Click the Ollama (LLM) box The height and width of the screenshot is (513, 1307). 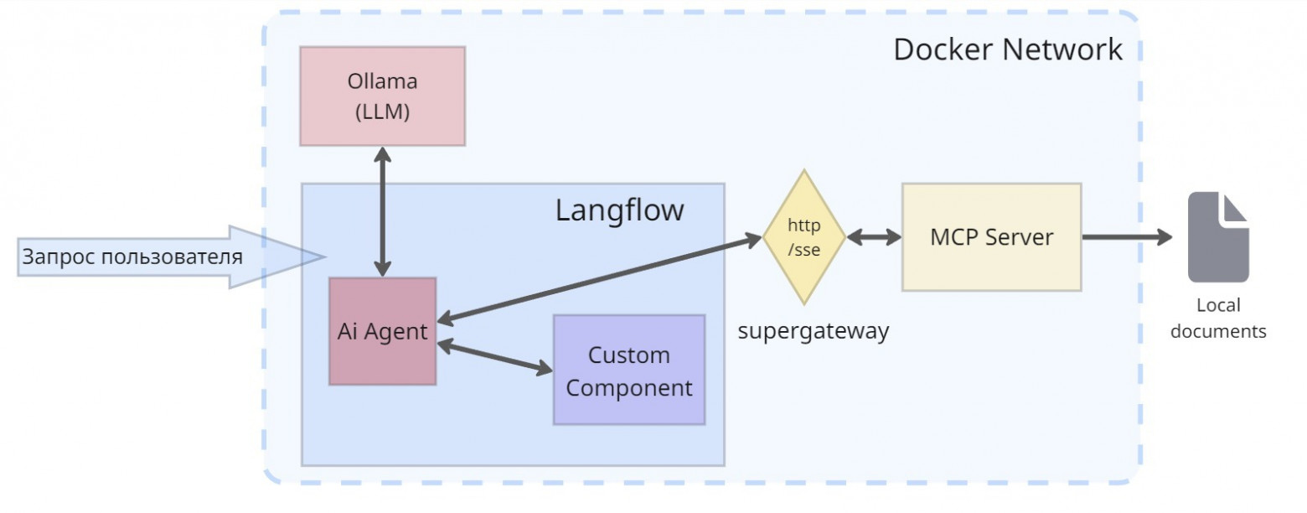(x=382, y=96)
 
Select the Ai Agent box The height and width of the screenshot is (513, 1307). (x=382, y=331)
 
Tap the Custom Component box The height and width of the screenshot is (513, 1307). (x=628, y=370)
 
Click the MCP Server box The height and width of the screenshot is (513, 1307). (x=991, y=237)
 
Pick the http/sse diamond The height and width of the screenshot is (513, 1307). (x=803, y=237)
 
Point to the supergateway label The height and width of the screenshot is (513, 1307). (x=813, y=331)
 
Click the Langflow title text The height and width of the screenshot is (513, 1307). (x=619, y=210)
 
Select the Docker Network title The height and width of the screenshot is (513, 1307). (x=1007, y=49)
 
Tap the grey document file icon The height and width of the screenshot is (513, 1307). (x=1217, y=239)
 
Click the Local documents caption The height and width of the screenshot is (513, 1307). (x=1217, y=319)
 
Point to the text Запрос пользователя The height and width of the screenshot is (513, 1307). (x=132, y=256)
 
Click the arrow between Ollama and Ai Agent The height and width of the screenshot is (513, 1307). (x=382, y=211)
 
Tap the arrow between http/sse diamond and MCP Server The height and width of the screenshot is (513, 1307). (x=874, y=237)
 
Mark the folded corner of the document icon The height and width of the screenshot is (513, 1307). (x=1235, y=207)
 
